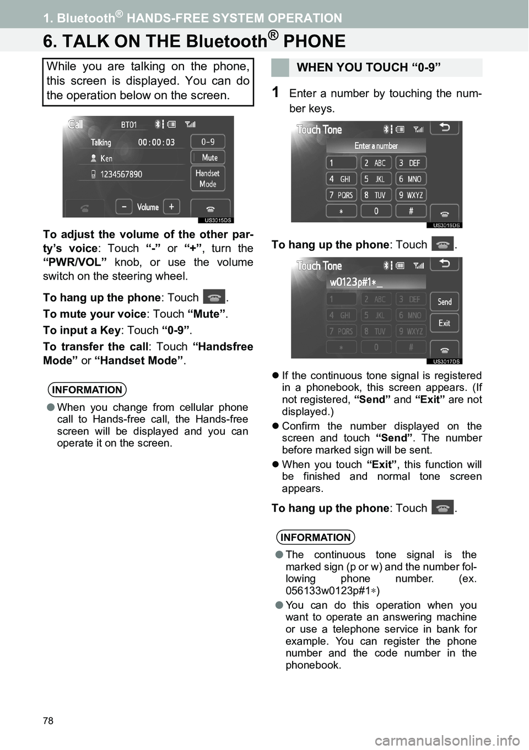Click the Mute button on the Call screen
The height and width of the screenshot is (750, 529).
(208, 158)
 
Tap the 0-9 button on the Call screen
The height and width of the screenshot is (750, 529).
(208, 142)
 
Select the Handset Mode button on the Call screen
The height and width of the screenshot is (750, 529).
(208, 179)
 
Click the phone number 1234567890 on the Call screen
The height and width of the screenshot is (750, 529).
(121, 174)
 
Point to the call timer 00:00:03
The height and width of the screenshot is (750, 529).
(156, 142)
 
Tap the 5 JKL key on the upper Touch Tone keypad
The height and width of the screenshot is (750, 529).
(376, 179)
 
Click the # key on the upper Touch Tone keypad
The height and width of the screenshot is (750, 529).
(411, 211)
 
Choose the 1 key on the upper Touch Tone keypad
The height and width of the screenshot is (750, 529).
(342, 163)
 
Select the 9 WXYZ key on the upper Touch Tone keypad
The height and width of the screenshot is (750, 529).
(411, 195)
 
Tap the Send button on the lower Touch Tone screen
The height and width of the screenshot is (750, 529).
(444, 302)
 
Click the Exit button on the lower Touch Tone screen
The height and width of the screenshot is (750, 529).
(444, 323)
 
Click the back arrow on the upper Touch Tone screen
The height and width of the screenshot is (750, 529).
(444, 128)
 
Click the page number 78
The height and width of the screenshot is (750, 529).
(48, 721)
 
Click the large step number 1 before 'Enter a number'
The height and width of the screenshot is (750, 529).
(276, 93)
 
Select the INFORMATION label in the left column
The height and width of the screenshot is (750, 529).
(87, 390)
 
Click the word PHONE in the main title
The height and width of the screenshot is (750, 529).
(314, 41)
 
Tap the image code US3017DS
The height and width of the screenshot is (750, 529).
(446, 362)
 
